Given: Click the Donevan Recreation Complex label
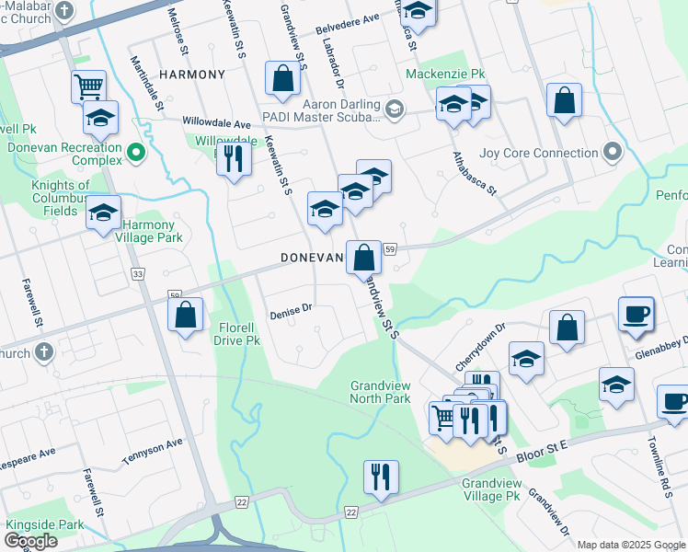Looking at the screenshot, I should pyautogui.click(x=64, y=154).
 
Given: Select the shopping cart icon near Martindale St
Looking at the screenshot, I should pyautogui.click(x=88, y=87).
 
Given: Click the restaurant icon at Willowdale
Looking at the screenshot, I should pyautogui.click(x=234, y=158).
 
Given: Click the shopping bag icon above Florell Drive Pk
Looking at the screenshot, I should pyautogui.click(x=186, y=316).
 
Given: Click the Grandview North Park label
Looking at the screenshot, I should pyautogui.click(x=380, y=393).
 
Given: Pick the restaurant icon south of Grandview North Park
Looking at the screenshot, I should pyautogui.click(x=380, y=477).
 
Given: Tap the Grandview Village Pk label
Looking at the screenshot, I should pyautogui.click(x=493, y=489).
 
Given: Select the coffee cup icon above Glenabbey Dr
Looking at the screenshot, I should pyautogui.click(x=636, y=314).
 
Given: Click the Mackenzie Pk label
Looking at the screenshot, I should pyautogui.click(x=445, y=73).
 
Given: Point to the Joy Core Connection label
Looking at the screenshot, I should pyautogui.click(x=540, y=153).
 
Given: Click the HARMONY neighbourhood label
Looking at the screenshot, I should pyautogui.click(x=191, y=74).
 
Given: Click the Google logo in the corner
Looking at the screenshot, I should pyautogui.click(x=30, y=542).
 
